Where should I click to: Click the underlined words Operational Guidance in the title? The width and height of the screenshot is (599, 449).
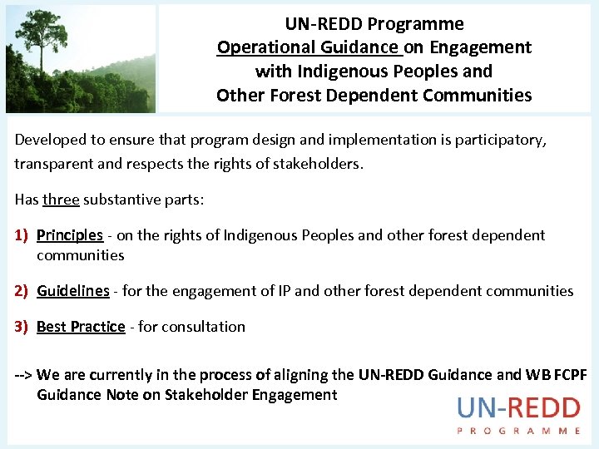coord(309,47)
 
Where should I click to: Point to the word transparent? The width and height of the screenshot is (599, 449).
coord(53,164)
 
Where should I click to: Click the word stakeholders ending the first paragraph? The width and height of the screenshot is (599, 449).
coord(320,164)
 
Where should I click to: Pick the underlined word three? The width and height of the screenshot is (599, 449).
coord(61,200)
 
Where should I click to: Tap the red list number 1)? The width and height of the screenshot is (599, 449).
coord(22,235)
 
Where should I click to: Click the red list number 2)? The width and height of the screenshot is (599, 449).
coord(22,291)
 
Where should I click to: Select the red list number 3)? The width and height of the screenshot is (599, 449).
coord(22,327)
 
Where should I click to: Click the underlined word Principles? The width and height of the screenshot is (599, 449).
coord(70,235)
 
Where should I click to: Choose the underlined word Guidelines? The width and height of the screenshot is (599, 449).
coord(73,291)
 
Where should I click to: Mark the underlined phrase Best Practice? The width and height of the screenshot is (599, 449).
coord(81,327)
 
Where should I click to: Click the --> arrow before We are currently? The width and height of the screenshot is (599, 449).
coord(23,375)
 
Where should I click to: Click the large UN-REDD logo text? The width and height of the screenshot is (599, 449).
coord(518,408)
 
